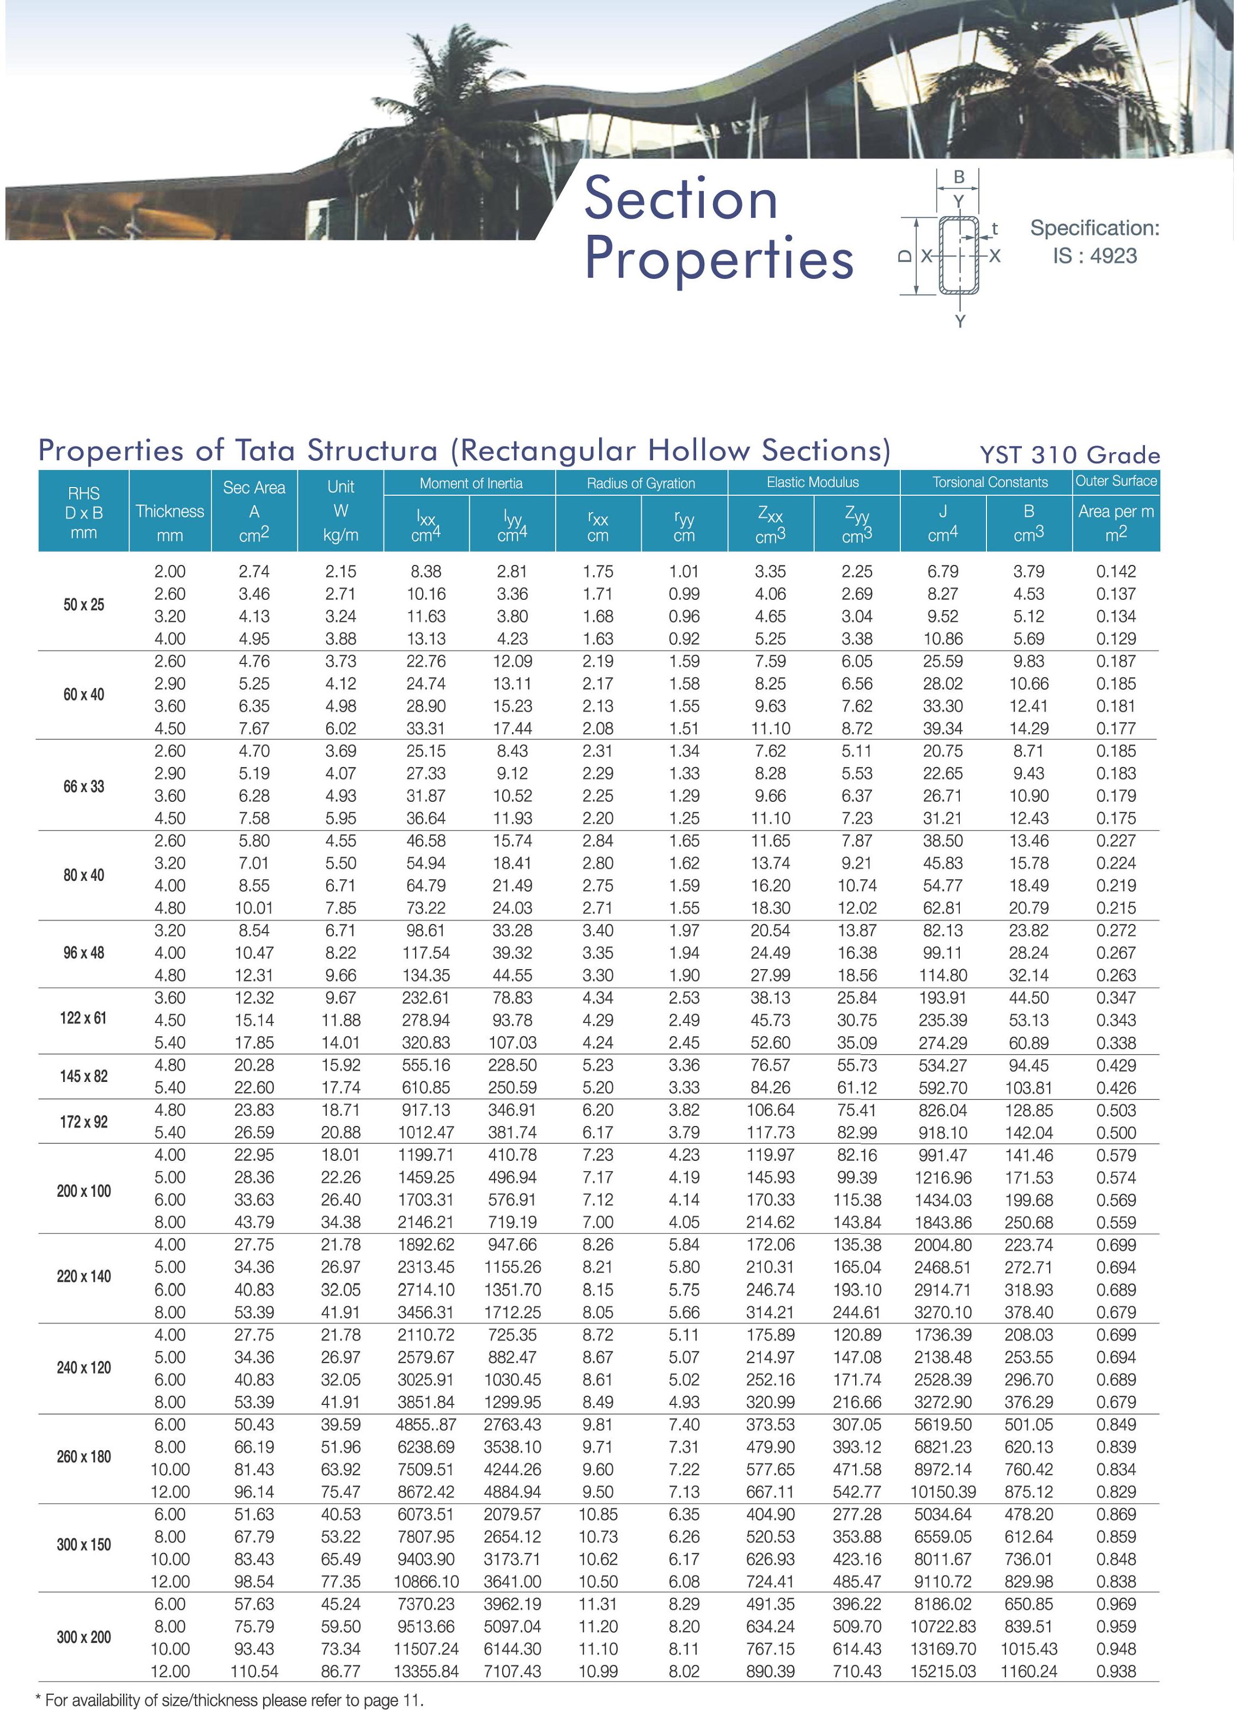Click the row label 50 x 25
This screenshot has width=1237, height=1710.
84,605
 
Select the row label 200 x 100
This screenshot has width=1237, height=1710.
84,1190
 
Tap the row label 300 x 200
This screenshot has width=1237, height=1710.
84,1637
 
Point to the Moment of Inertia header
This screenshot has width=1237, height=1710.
471,483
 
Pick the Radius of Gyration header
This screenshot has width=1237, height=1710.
641,483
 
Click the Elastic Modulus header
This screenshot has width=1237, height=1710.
813,483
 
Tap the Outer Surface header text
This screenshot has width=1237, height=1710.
1116,481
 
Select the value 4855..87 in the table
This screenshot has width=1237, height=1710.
426,1424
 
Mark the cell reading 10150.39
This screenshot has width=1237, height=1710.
942,1492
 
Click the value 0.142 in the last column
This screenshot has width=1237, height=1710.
1116,571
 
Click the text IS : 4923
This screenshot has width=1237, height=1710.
1094,257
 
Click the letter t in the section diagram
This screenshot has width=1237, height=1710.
995,228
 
